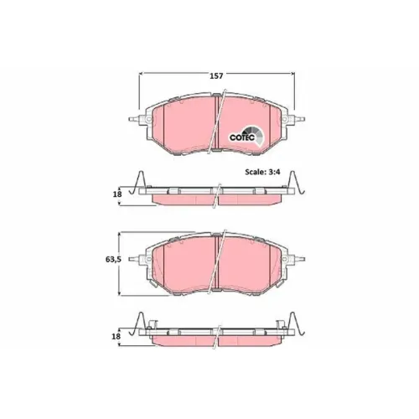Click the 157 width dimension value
[216, 75]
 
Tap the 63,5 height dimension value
[113, 259]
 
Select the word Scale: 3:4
[262, 172]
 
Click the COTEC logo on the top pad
[246, 136]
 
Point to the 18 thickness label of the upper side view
[117, 194]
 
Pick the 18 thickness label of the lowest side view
[116, 336]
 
